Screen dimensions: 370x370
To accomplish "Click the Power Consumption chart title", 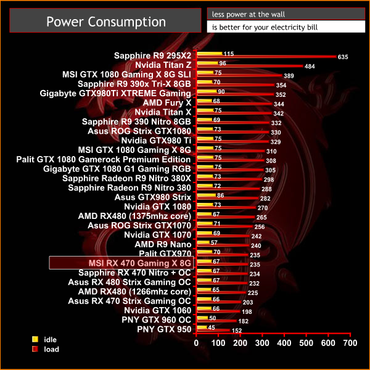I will click(106, 22).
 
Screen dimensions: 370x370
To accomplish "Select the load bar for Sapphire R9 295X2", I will click(265, 57).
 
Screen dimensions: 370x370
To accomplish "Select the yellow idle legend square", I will click(35, 339).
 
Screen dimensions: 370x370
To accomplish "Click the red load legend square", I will click(35, 348).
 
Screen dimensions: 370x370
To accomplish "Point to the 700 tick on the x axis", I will click(350, 342).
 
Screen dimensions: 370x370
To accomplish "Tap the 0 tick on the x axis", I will click(196, 342).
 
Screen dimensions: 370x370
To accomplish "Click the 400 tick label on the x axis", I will click(284, 342).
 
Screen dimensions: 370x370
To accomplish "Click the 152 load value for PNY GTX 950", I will click(237, 331).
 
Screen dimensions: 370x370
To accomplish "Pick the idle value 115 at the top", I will click(229, 54).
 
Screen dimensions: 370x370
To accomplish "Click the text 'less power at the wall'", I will click(249, 14).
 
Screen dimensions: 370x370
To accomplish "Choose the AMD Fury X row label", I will click(166, 102).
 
